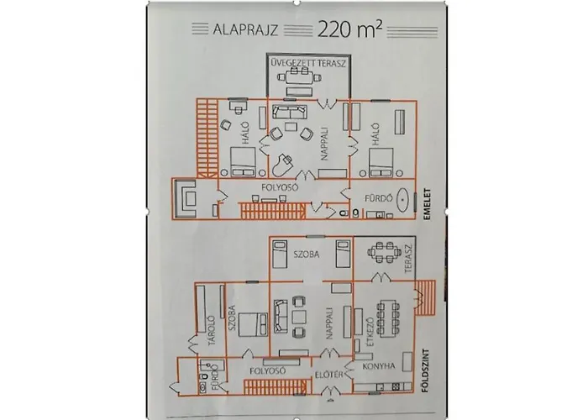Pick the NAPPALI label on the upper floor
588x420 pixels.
tap(321, 145)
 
